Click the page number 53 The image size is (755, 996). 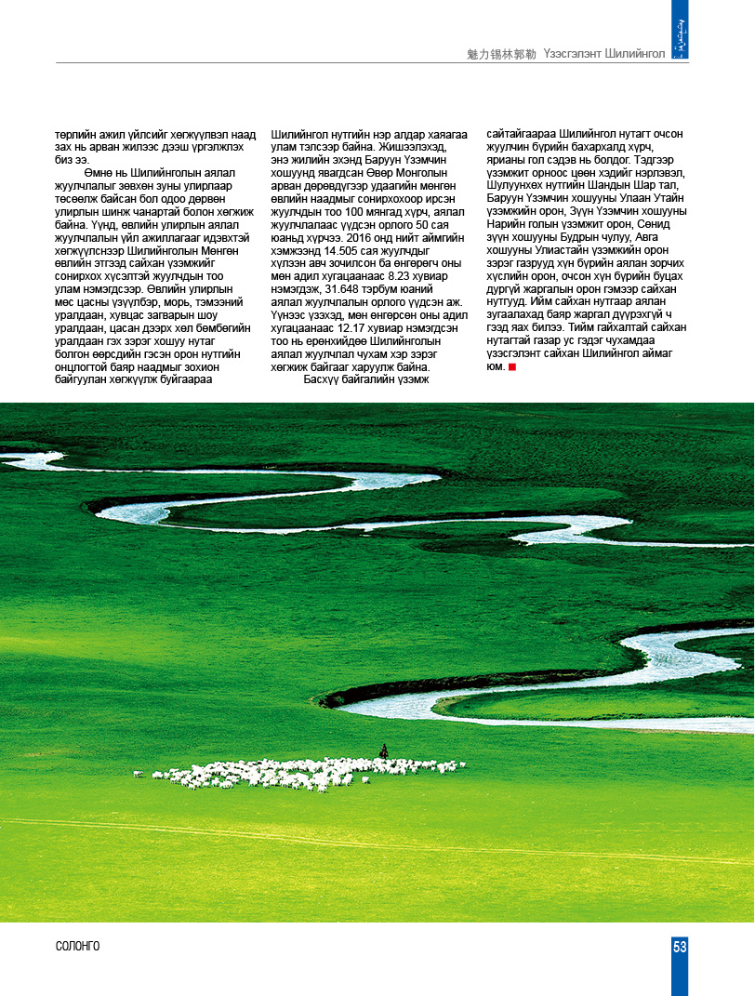click(680, 947)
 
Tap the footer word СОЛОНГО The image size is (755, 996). click(77, 947)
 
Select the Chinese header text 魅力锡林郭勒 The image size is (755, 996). click(502, 54)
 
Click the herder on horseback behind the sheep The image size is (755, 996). click(383, 750)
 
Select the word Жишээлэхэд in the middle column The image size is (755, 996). click(410, 146)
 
